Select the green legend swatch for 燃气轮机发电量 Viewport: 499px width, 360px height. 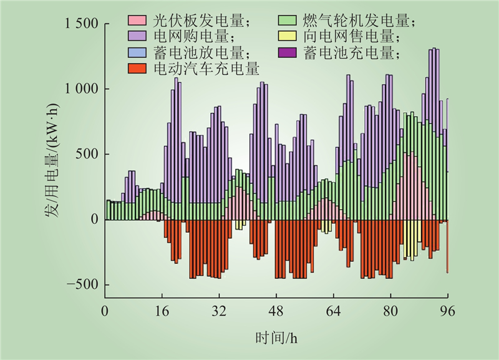coord(287,22)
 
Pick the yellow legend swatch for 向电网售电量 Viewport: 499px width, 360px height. coord(287,37)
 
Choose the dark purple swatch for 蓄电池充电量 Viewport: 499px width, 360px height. coord(287,53)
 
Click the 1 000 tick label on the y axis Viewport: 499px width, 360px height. coord(82,89)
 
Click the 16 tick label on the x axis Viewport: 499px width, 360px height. coord(162,310)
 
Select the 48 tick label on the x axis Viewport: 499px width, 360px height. coord(276,310)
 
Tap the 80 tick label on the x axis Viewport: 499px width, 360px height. coord(390,310)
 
